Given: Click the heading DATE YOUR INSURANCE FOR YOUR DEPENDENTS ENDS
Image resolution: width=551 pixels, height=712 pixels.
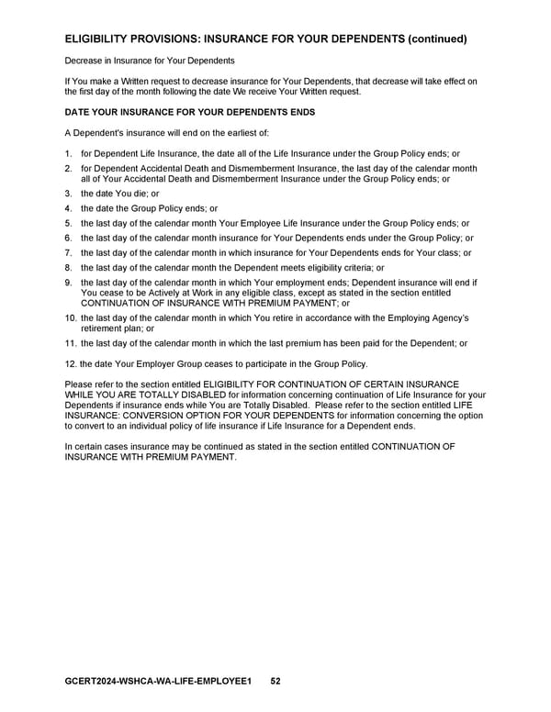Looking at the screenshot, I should click(189, 112).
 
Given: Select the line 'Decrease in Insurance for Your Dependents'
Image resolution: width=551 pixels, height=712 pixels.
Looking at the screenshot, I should click(150, 61).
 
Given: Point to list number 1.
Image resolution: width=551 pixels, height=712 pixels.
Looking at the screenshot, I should click(68, 153).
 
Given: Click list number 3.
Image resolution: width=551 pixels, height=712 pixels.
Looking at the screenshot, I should click(68, 195).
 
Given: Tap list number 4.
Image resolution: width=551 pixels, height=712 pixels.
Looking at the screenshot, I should click(68, 209).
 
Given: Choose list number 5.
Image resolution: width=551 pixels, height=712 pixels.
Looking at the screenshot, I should click(68, 224).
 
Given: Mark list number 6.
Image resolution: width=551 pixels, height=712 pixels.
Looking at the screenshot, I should click(68, 239).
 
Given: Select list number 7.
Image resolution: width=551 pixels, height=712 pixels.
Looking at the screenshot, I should click(68, 253).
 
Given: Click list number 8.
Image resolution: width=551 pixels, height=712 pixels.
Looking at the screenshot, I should click(68, 268).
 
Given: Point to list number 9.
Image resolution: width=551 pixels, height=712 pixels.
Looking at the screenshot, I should click(68, 283).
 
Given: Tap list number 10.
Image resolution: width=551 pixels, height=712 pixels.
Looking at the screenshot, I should click(71, 317).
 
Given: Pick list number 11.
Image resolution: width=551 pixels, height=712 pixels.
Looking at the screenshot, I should click(71, 343).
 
